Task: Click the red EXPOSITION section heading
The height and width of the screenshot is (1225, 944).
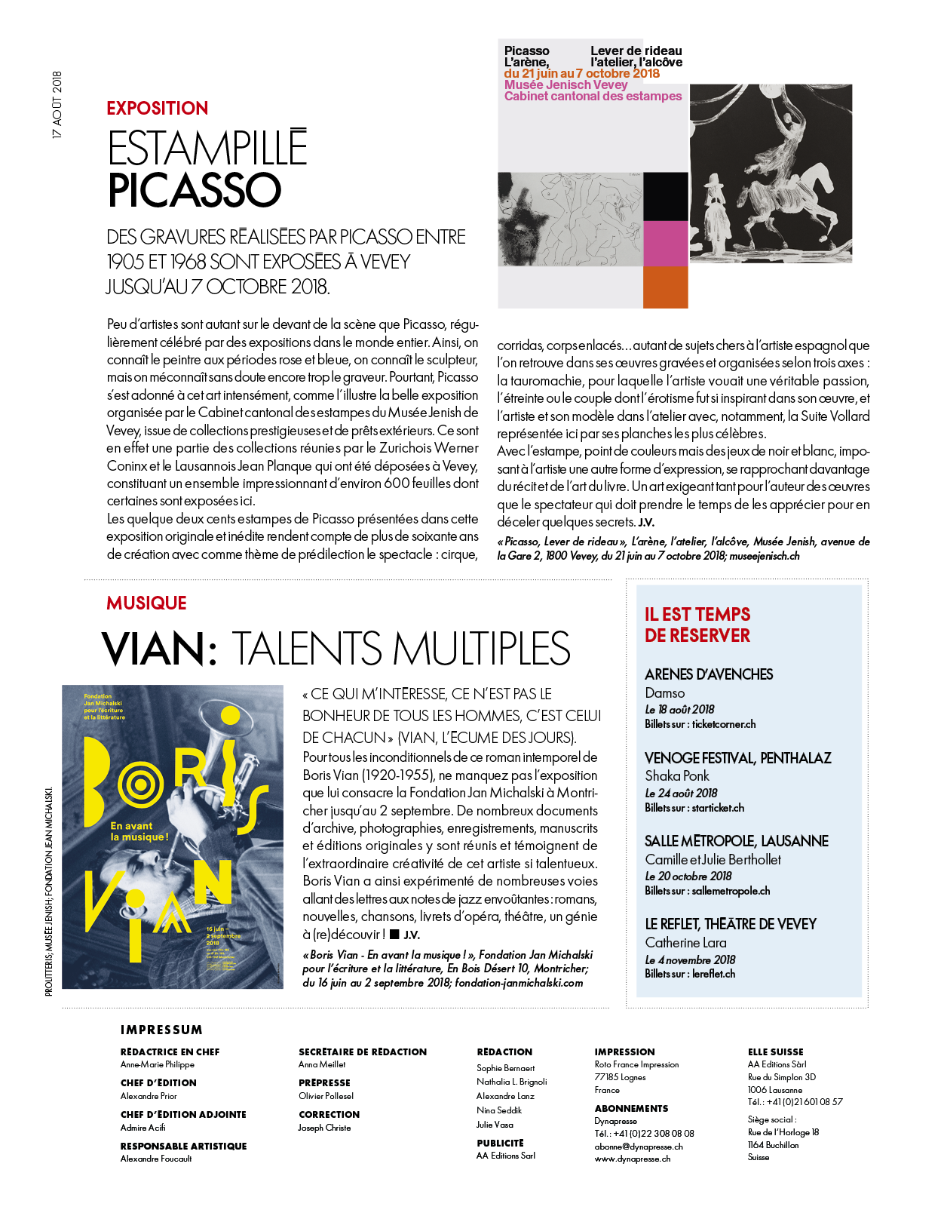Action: coord(157,109)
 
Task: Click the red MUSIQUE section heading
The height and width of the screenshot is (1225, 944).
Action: coord(146,603)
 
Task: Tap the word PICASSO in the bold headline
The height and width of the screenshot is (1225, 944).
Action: coord(195,190)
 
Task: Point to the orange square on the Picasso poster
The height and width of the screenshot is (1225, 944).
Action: coord(665,287)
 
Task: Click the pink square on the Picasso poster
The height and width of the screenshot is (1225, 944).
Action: coord(665,243)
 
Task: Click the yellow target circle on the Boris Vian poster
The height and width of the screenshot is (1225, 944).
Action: coord(141,785)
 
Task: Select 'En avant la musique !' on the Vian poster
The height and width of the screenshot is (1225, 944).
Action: coord(139,831)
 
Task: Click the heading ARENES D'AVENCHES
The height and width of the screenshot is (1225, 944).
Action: coord(709,674)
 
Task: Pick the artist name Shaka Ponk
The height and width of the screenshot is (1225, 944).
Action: coord(677,776)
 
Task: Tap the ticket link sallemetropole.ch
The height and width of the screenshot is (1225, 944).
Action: coord(731,891)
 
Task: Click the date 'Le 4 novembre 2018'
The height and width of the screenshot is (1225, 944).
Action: coord(690,960)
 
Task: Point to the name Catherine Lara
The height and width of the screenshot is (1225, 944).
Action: coord(685,943)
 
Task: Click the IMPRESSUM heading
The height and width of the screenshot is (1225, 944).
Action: coord(161,1030)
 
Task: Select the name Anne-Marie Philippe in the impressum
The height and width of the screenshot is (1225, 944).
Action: coord(158,1065)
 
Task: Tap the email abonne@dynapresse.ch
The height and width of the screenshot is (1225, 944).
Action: coord(639,1147)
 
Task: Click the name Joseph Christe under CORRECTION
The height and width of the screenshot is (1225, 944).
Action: coord(324,1128)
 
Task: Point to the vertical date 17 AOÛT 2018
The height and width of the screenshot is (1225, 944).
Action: coord(57,105)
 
